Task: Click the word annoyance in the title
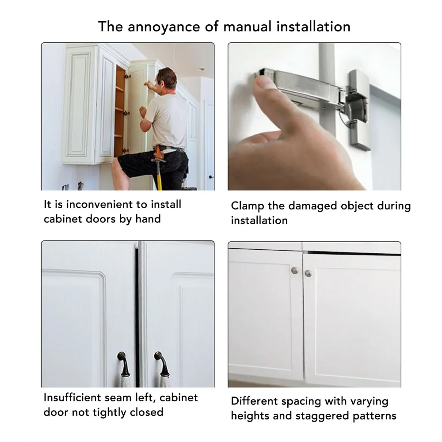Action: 164,27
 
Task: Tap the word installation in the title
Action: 313,27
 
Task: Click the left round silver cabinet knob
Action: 294,270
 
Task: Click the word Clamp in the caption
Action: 248,206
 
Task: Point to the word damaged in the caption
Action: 312,206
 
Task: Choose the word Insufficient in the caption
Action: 72,397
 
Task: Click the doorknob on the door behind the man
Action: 210,177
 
